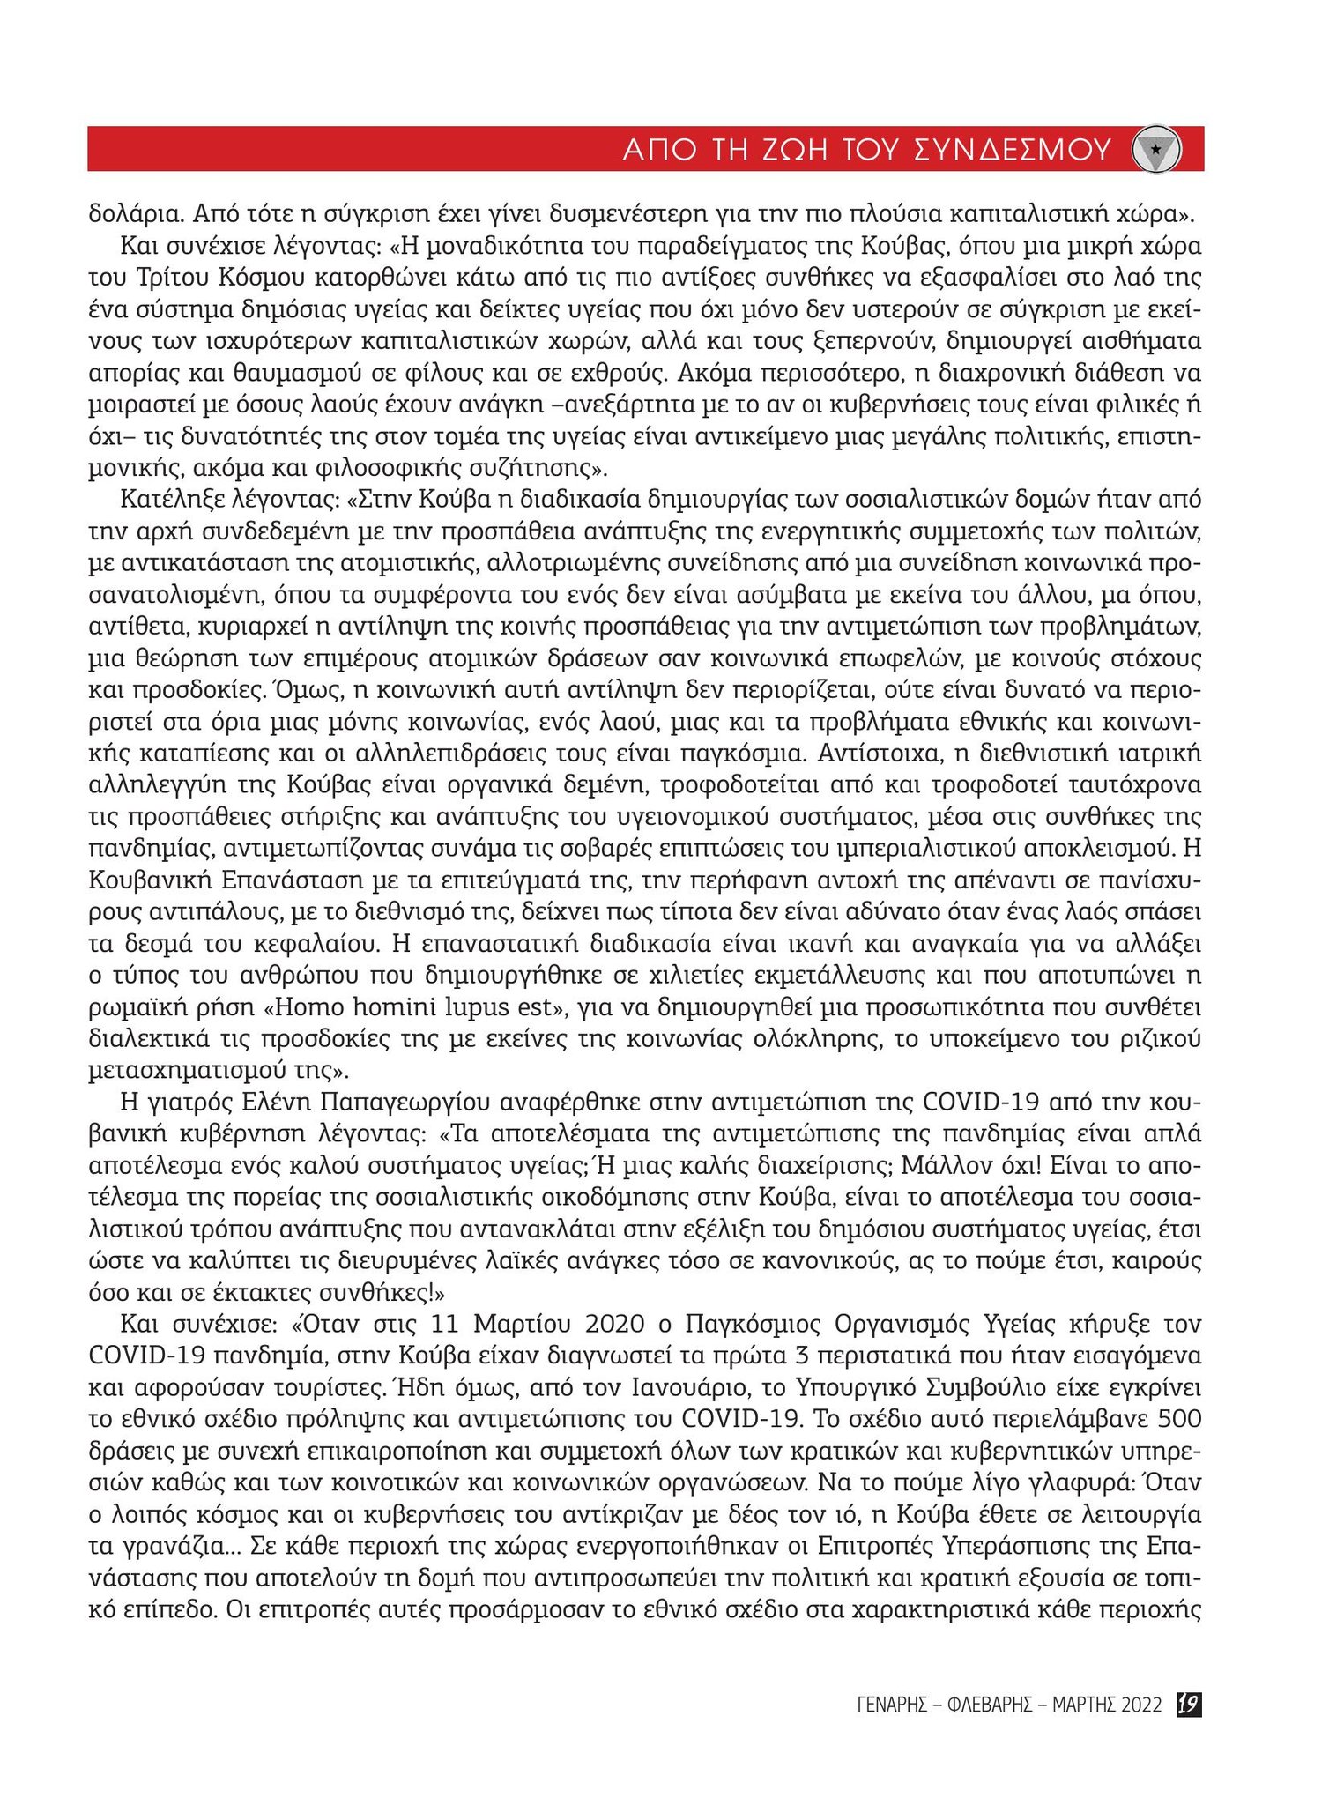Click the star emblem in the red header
[1155, 150]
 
